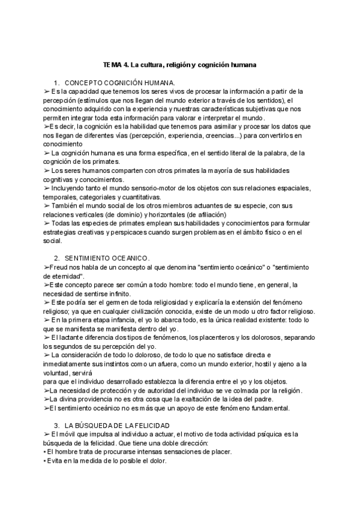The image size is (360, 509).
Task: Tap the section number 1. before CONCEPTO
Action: [56, 82]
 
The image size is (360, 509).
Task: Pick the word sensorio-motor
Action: [143, 188]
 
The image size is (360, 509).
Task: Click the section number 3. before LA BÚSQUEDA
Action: [56, 425]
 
